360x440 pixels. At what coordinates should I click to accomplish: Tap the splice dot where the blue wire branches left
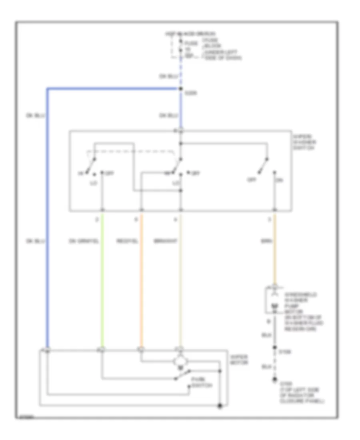181,88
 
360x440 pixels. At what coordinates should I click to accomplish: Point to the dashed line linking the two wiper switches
132,152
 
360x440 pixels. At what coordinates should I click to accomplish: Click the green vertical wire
102,280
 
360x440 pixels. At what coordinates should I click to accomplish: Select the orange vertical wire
141,280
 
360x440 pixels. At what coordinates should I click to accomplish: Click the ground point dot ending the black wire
274,380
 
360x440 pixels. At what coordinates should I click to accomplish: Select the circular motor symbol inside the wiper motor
180,361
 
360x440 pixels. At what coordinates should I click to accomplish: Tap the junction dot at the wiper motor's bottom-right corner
220,407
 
